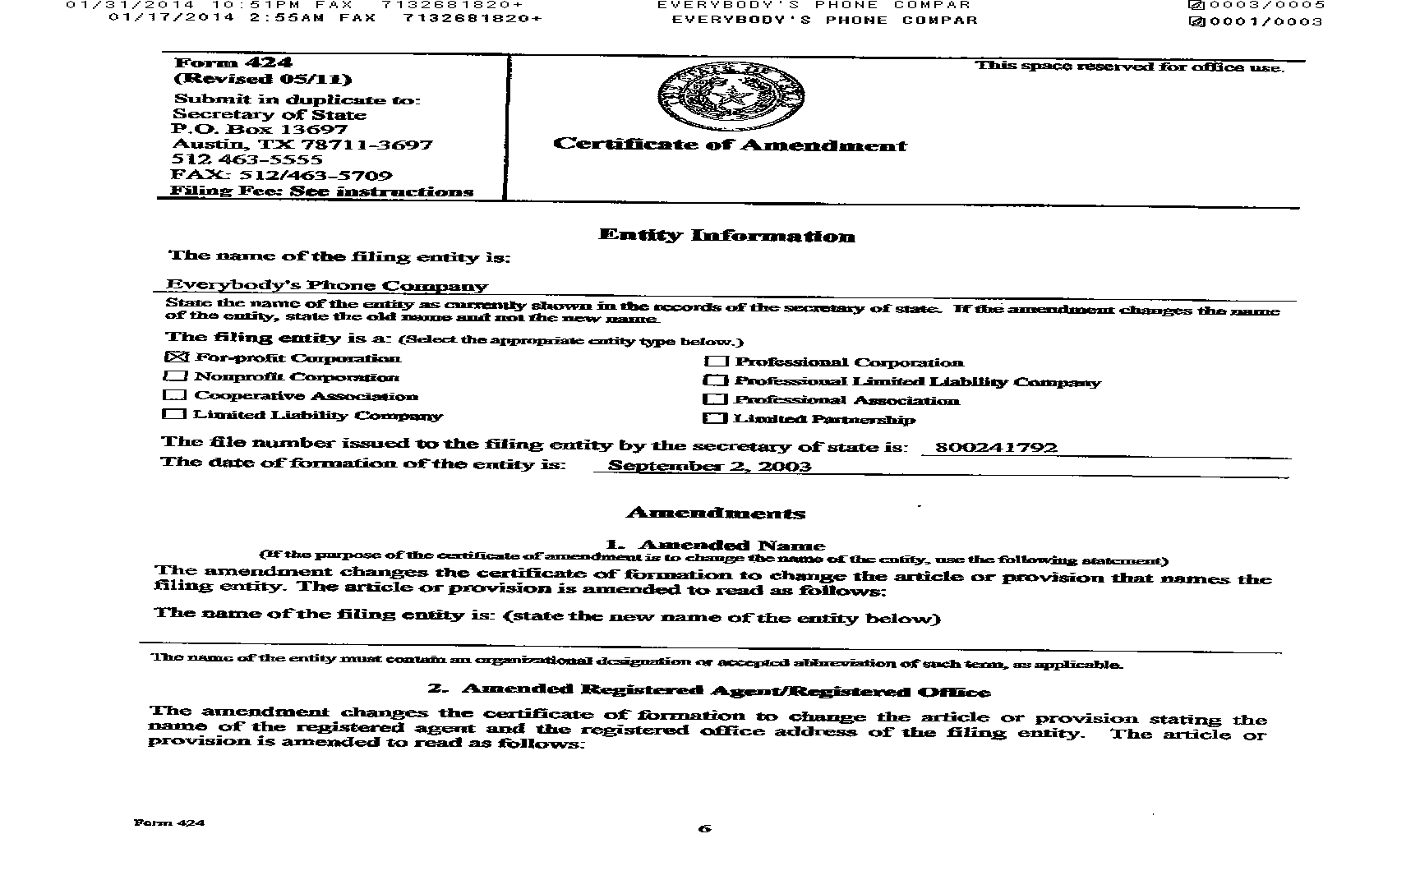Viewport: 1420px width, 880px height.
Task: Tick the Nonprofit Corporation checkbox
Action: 175,376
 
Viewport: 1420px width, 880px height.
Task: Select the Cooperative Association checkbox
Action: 175,395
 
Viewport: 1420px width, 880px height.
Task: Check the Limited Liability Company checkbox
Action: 174,414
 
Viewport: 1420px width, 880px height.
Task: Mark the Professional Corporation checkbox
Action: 717,362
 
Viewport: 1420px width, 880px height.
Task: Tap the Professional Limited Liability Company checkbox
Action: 716,380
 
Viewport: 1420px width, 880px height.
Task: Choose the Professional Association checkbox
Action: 716,399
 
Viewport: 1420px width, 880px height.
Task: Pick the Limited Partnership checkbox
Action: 716,418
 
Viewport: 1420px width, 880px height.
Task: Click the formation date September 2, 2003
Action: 709,466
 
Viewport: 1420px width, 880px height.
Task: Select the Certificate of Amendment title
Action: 730,145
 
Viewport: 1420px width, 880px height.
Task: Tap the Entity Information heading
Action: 726,236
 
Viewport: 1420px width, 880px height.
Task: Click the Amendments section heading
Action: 715,514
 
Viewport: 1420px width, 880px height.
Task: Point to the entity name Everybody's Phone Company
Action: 327,286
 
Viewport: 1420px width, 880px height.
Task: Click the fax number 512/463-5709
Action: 281,175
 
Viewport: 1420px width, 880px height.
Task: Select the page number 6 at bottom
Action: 704,828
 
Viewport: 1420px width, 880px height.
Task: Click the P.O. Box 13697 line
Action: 260,129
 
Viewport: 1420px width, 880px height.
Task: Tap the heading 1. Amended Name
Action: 715,545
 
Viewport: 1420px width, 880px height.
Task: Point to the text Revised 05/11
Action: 263,79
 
